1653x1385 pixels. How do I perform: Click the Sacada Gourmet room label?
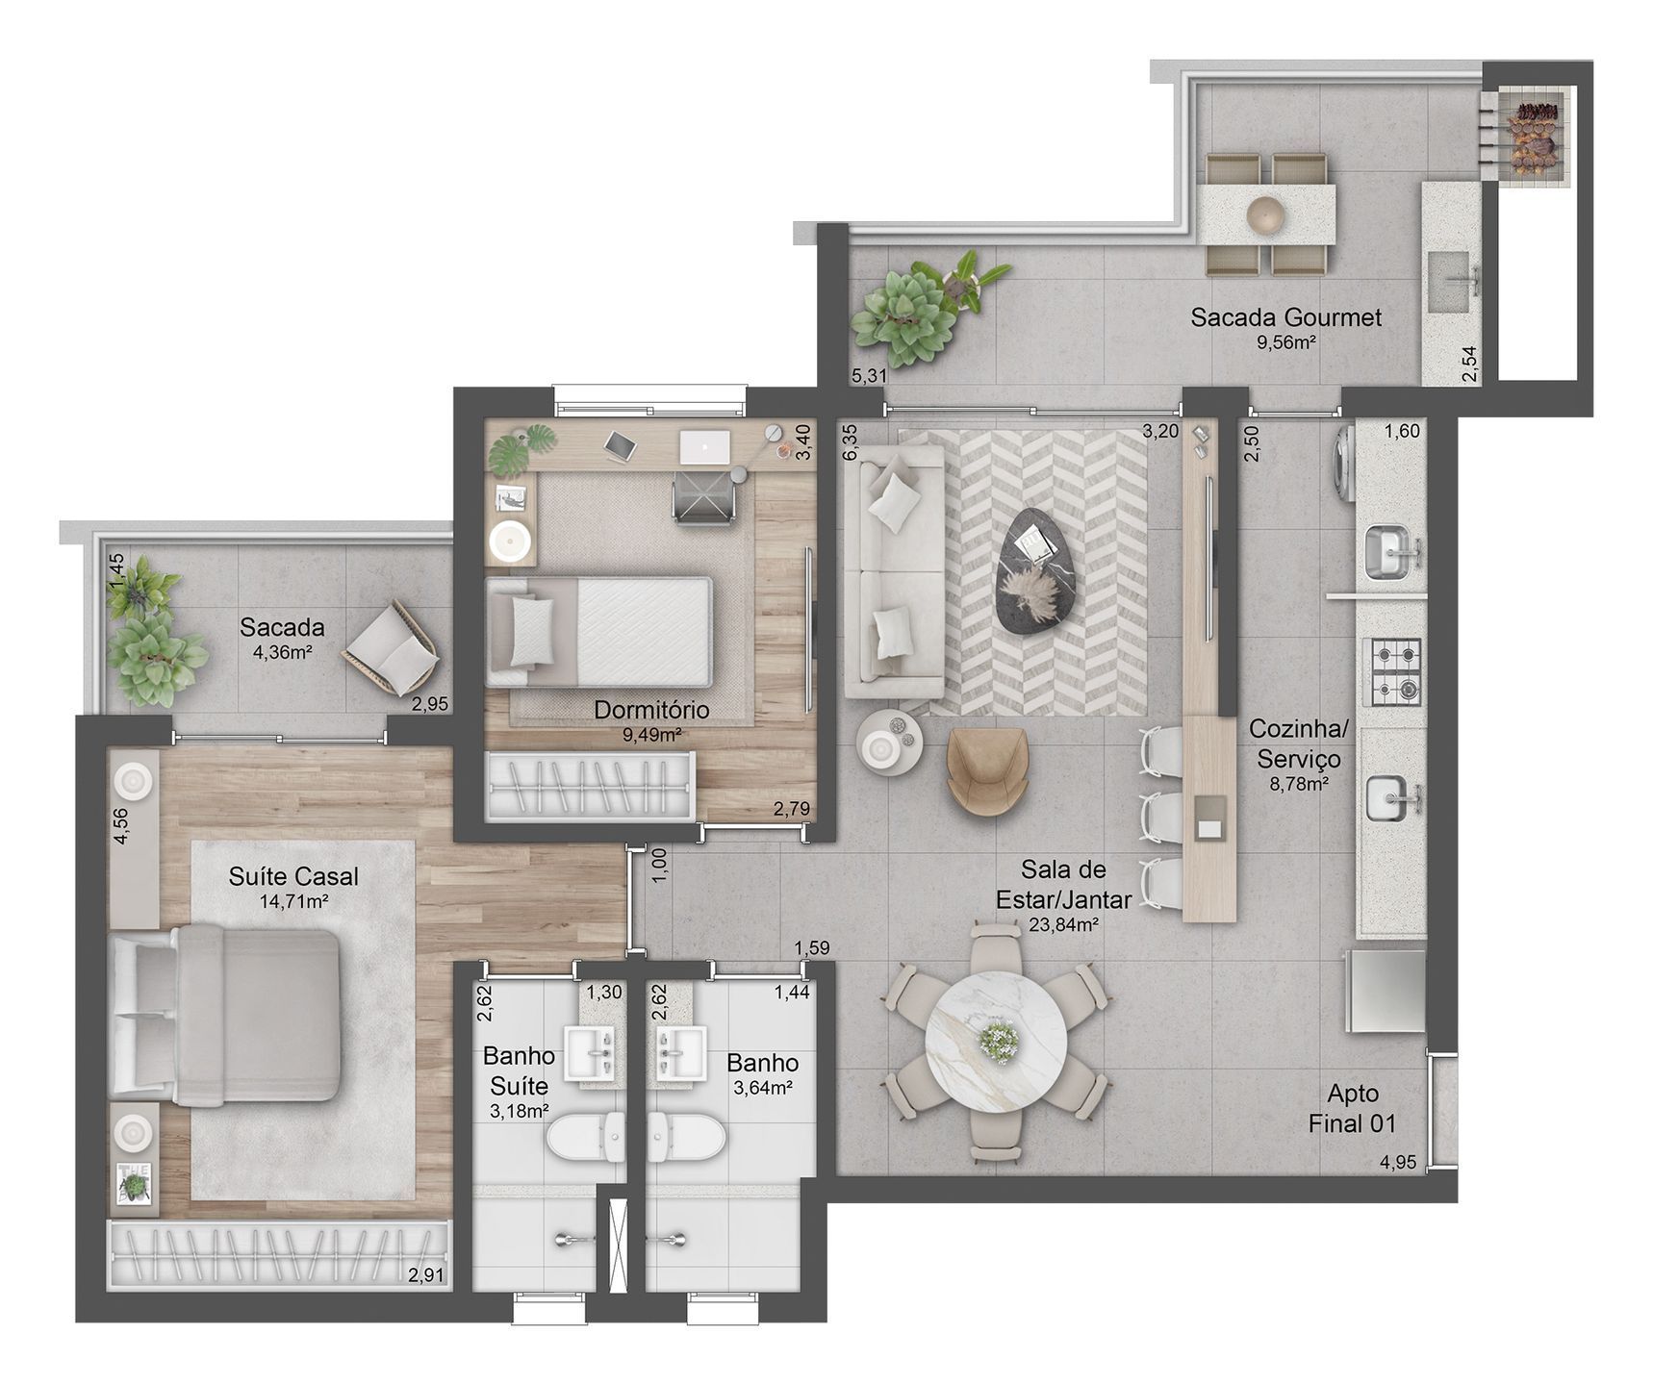[1285, 317]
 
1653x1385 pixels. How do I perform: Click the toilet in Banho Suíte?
[584, 1138]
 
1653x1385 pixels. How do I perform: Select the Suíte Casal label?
[293, 876]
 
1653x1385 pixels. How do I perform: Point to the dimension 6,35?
[851, 443]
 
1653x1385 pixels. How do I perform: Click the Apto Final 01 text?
[1353, 1108]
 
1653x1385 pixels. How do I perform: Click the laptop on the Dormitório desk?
[704, 446]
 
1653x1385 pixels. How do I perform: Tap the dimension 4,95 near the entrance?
[1397, 1162]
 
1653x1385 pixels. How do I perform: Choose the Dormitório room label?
[651, 710]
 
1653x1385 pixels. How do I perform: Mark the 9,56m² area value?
[1285, 342]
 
